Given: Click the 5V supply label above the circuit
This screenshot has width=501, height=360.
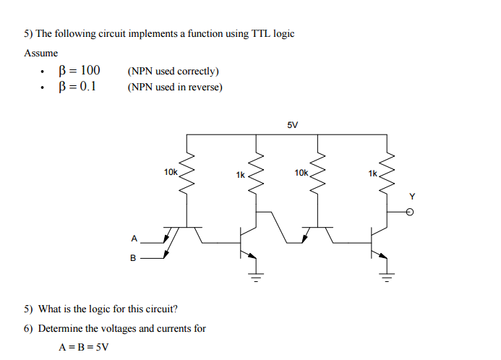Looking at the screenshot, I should [x=292, y=124].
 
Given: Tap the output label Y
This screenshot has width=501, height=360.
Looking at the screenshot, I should [x=413, y=196].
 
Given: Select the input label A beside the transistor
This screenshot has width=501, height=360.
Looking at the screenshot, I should [x=133, y=237].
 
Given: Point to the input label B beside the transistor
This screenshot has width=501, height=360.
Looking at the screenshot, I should [x=133, y=257].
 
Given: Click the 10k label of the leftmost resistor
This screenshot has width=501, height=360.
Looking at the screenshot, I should [x=171, y=172].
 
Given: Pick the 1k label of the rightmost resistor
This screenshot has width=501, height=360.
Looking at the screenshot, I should [x=372, y=174].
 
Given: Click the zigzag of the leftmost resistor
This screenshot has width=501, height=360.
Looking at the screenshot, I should [x=187, y=171].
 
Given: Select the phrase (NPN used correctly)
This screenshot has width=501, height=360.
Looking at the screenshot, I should [x=173, y=71].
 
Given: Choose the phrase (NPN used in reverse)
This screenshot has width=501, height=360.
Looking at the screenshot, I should [x=174, y=87].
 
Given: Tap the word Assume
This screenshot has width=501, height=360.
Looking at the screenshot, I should [x=41, y=53].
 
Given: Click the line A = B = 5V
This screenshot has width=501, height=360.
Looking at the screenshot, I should [x=83, y=346].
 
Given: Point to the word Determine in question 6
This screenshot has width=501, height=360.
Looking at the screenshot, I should [x=61, y=328].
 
